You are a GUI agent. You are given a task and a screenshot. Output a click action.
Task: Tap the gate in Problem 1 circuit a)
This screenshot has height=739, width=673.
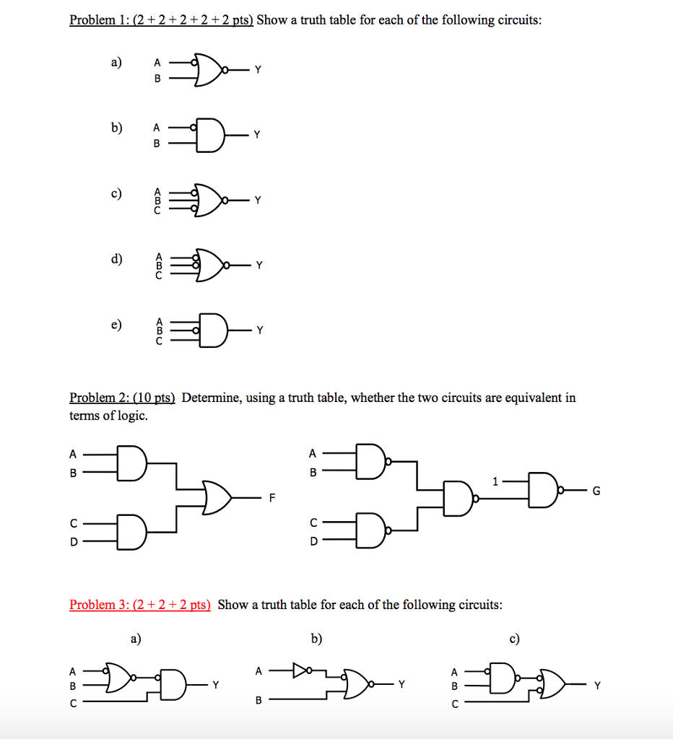[209, 70]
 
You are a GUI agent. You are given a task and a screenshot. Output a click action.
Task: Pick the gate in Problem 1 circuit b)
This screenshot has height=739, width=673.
[209, 134]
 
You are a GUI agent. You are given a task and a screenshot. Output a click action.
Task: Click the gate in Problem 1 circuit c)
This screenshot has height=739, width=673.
[209, 200]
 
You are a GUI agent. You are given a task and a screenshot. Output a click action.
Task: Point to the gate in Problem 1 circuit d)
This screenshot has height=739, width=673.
[209, 266]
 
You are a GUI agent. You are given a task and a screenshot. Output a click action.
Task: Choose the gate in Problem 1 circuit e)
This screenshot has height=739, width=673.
[210, 331]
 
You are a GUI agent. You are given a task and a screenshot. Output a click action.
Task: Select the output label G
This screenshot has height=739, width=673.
[596, 491]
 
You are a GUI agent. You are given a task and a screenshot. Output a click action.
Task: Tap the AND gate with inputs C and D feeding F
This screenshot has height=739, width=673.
[131, 533]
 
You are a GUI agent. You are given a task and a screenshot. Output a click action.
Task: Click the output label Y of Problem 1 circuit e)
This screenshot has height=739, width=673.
[260, 331]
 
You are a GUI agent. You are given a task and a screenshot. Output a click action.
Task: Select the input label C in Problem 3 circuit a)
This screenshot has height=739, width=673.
[71, 701]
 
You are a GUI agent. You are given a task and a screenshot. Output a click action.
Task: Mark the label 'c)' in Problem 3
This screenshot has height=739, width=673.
[514, 639]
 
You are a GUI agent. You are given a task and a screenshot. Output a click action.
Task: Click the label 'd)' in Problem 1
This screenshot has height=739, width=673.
[116, 258]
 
